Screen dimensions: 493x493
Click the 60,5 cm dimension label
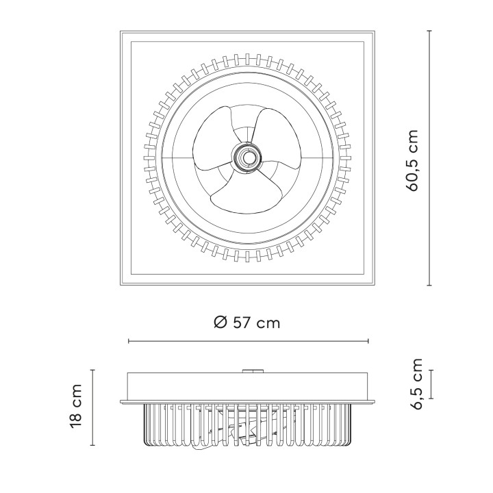(413, 160)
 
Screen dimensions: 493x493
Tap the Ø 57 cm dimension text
(246, 323)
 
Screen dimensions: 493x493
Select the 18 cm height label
(76, 406)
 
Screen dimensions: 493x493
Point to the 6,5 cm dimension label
(417, 384)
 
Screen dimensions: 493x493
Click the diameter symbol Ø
(220, 323)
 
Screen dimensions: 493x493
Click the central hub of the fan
(247, 156)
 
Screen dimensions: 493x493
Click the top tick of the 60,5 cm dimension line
(429, 31)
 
